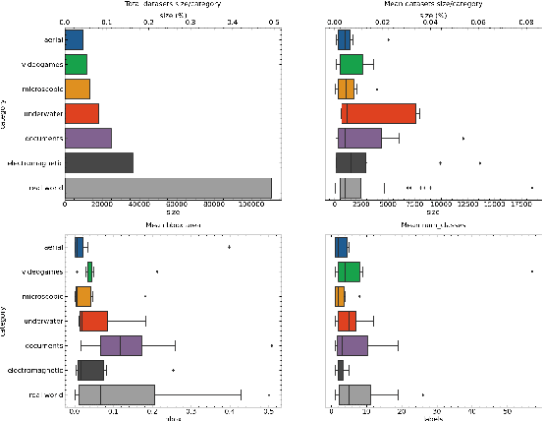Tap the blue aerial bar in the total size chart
(x=74, y=40)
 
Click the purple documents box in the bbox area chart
(x=121, y=345)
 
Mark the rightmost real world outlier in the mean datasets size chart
(x=531, y=187)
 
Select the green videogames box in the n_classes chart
(x=348, y=271)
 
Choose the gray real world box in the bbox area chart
(x=115, y=393)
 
